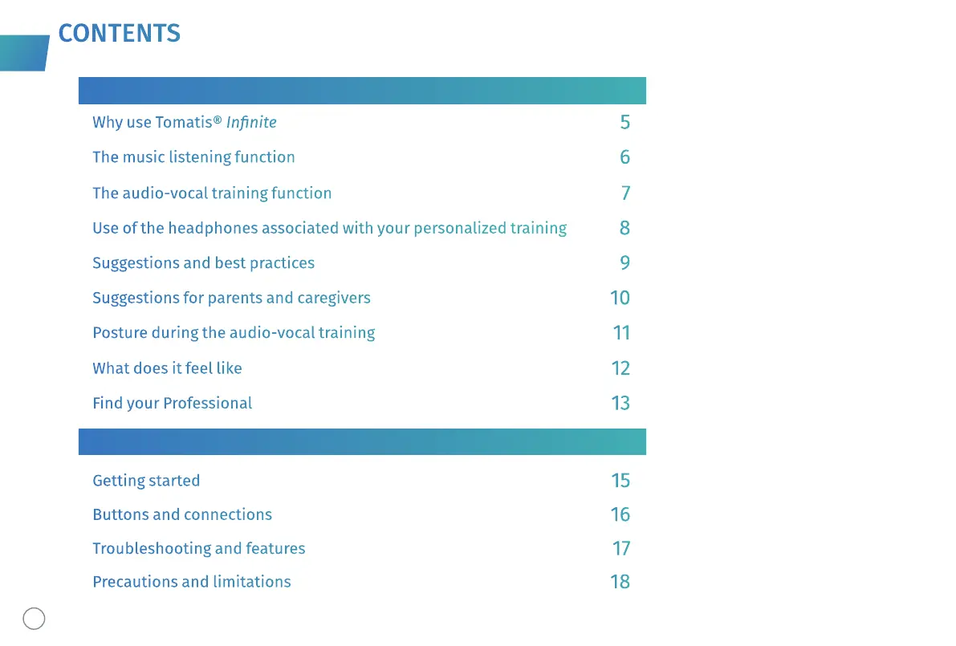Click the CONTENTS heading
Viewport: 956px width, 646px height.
119,33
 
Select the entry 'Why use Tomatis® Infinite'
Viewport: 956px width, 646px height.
184,123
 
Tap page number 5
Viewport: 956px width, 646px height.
624,123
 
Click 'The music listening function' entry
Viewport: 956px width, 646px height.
193,157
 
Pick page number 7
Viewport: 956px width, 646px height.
625,193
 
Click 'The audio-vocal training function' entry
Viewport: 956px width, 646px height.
212,193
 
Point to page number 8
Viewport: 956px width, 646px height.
624,228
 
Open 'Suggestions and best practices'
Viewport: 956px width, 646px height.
203,263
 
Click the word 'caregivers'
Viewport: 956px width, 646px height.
334,299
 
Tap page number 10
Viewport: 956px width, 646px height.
620,299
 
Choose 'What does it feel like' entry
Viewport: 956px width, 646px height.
167,368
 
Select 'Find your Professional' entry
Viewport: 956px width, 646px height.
172,404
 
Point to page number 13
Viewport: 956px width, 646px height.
620,404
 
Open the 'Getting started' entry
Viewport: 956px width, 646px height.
146,481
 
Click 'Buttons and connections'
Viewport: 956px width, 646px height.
182,514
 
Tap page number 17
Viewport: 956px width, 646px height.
620,549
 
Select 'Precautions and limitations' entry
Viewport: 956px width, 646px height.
191,582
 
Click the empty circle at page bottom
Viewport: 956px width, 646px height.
34,618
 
